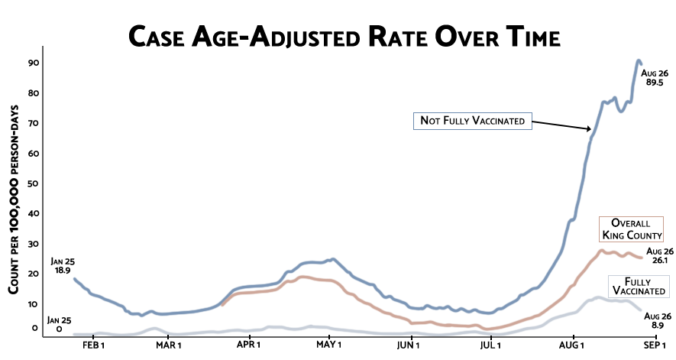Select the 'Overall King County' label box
pos(630,229)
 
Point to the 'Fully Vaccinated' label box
pos(639,287)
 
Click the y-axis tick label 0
pos(34,328)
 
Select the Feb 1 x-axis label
pos(92,345)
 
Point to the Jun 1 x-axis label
pos(409,345)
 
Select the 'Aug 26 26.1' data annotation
pos(659,255)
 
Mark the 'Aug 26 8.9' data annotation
pos(659,321)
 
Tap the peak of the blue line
pos(639,61)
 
